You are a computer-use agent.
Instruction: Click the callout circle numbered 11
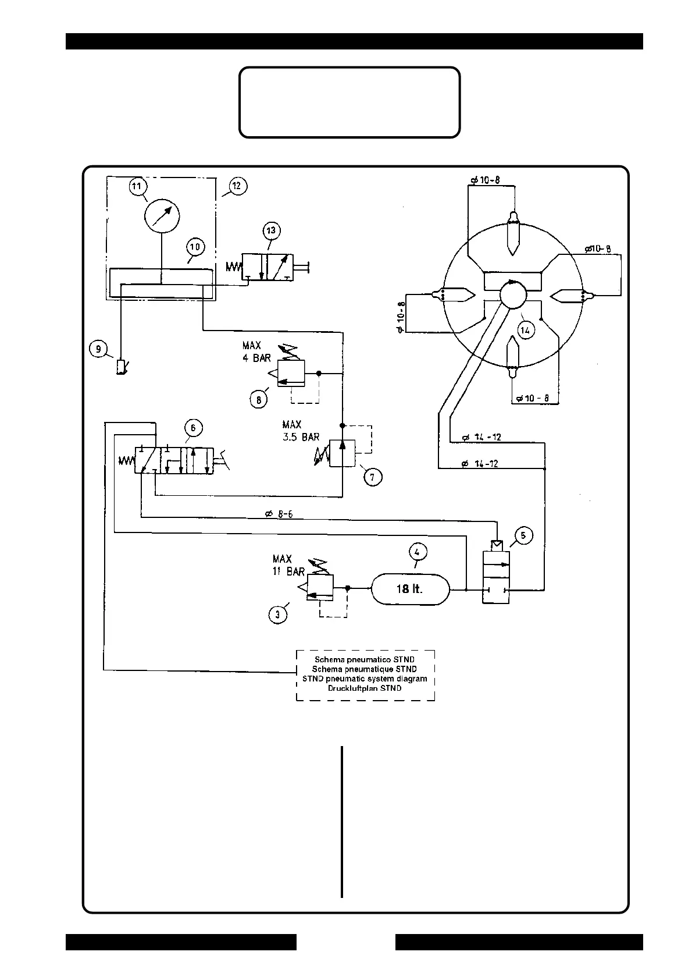pyautogui.click(x=137, y=187)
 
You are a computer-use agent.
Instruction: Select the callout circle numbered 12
pyautogui.click(x=237, y=186)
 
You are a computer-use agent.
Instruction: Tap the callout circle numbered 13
pyautogui.click(x=271, y=230)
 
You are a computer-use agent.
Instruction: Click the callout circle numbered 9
pyautogui.click(x=98, y=349)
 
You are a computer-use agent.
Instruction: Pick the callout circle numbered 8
pyautogui.click(x=259, y=399)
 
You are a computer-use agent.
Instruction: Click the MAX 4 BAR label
pyautogui.click(x=256, y=352)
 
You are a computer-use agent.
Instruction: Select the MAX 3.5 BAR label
pyautogui.click(x=301, y=431)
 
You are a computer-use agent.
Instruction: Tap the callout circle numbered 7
pyautogui.click(x=373, y=477)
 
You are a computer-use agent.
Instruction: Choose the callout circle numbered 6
pyautogui.click(x=193, y=428)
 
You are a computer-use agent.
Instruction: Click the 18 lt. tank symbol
pyautogui.click(x=410, y=589)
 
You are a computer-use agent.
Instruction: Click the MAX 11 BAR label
pyautogui.click(x=288, y=565)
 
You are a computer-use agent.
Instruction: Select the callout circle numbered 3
pyautogui.click(x=278, y=615)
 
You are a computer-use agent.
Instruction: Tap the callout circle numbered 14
pyautogui.click(x=525, y=331)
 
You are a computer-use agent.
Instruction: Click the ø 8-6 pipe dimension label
pyautogui.click(x=279, y=514)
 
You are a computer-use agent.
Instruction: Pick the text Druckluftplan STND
pyautogui.click(x=365, y=688)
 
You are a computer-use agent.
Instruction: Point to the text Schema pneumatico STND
pyautogui.click(x=365, y=660)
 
